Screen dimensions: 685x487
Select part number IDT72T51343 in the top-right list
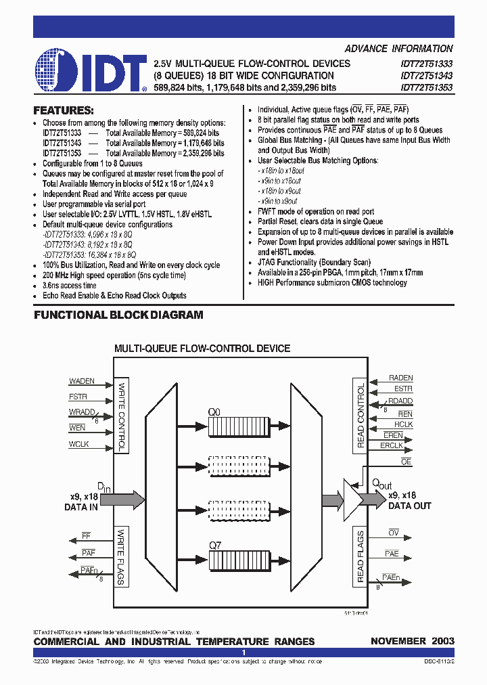click(426, 75)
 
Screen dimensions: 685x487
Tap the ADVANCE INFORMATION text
click(398, 49)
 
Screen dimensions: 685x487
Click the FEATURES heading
click(64, 110)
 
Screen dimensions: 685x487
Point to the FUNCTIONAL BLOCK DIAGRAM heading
click(118, 315)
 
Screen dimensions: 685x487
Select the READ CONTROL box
click(361, 416)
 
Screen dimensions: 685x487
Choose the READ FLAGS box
click(361, 557)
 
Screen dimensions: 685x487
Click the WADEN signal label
click(82, 381)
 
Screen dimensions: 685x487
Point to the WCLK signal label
click(79, 444)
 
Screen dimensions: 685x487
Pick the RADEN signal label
click(400, 378)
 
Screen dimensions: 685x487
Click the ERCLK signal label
click(392, 445)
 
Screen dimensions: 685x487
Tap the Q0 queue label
click(214, 410)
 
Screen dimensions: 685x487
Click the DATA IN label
click(81, 506)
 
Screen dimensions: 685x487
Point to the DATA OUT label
click(410, 506)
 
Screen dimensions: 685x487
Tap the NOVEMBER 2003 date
click(412, 641)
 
